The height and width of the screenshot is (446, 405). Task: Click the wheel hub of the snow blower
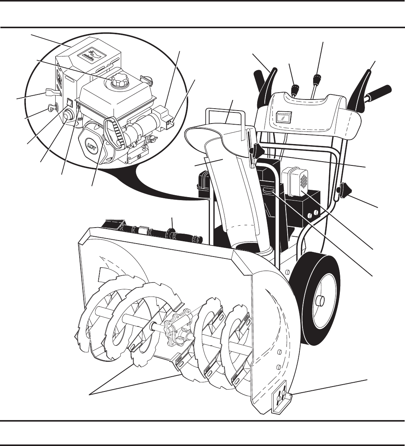[x=319, y=301]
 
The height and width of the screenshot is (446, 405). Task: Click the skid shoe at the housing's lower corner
[x=280, y=398]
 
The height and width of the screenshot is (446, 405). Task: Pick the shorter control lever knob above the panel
[x=294, y=90]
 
